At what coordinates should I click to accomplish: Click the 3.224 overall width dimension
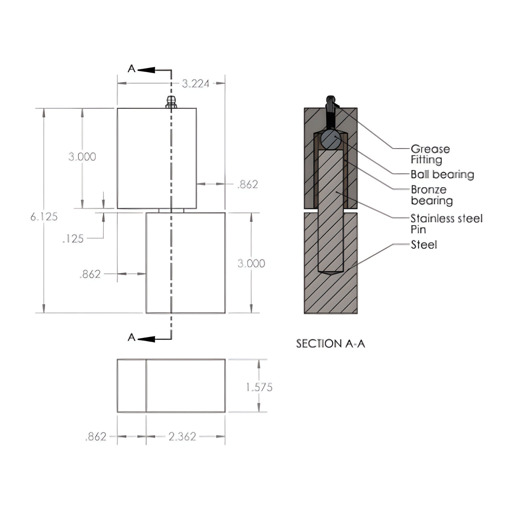(x=195, y=84)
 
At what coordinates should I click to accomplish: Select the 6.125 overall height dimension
(x=44, y=217)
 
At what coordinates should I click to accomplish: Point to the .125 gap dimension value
(x=73, y=239)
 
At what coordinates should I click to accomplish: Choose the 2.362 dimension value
(x=182, y=437)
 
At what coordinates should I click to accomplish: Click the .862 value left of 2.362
(x=96, y=437)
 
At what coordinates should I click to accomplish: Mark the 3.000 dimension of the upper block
(x=82, y=157)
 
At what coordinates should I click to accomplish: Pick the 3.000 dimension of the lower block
(x=251, y=264)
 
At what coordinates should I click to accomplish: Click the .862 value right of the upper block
(x=248, y=184)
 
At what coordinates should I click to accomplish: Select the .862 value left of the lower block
(x=90, y=275)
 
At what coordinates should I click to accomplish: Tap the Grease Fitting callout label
(x=430, y=154)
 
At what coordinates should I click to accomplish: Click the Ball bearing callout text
(x=442, y=174)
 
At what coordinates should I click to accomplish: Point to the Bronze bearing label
(x=431, y=195)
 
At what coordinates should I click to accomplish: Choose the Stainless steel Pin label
(x=446, y=224)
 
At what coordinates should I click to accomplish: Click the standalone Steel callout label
(x=424, y=245)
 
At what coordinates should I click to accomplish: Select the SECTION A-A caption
(x=330, y=344)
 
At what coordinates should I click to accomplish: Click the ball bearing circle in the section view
(x=331, y=140)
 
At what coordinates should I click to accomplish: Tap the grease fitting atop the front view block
(x=171, y=102)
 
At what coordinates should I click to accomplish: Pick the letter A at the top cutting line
(x=132, y=69)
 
